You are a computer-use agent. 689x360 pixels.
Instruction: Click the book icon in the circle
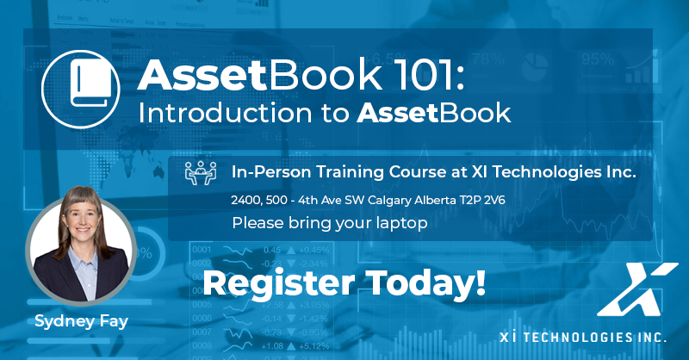coord(91,84)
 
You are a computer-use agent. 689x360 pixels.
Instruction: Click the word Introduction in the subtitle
coord(225,113)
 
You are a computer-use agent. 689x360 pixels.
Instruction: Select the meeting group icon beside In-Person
coord(201,173)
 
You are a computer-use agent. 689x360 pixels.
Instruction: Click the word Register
coord(278,283)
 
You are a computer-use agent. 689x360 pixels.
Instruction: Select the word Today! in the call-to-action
coord(425,282)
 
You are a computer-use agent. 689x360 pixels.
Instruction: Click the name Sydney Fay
coord(81,321)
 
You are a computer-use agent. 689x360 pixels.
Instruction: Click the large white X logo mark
coord(637,289)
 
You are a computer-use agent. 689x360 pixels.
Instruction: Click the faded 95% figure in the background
coord(598,59)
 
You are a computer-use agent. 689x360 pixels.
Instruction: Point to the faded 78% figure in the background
coord(488,59)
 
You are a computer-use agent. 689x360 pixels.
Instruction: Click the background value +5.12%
coord(313,346)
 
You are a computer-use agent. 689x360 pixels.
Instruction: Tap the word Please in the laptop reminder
coord(258,223)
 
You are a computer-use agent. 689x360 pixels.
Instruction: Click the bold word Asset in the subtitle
coord(397,113)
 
